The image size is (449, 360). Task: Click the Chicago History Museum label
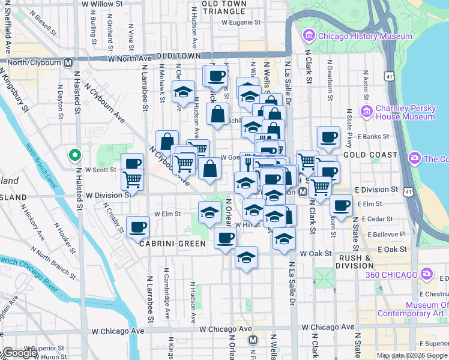(365, 36)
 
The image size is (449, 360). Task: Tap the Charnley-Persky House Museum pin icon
(366, 112)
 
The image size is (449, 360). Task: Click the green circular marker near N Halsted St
(74, 155)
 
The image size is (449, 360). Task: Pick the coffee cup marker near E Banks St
(328, 137)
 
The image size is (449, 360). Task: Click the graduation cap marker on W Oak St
(246, 257)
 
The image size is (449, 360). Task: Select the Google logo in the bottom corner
(19, 353)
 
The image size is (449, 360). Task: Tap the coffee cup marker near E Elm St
(342, 206)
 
